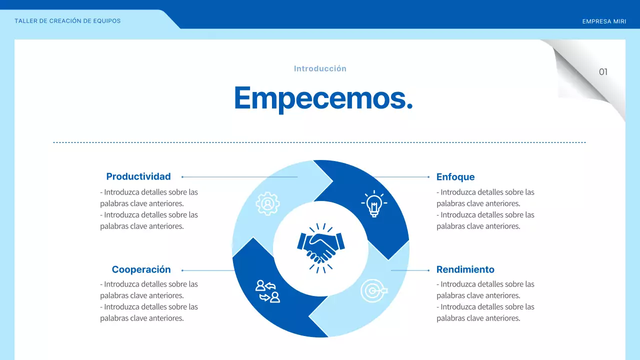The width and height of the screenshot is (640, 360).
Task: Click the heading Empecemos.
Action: click(323, 97)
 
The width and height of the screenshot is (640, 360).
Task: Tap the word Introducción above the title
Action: click(320, 68)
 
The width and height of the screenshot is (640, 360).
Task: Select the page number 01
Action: click(603, 72)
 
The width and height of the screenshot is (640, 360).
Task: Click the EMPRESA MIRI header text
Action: click(604, 21)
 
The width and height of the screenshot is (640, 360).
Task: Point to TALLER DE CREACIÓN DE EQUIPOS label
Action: click(67, 21)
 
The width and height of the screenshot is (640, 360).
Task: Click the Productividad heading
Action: click(138, 176)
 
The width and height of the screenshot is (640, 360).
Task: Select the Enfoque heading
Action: click(455, 177)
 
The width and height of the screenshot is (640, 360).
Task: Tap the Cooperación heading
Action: click(141, 269)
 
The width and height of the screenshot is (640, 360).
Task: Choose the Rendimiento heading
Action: click(465, 269)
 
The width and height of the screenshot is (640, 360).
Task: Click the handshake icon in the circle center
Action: click(321, 248)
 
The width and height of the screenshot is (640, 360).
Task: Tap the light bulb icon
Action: click(373, 203)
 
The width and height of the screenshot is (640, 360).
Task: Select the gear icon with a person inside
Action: click(267, 203)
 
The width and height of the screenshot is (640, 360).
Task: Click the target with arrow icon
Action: click(373, 290)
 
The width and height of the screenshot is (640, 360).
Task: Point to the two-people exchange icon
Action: click(267, 291)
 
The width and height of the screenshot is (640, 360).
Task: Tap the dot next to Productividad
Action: click(182, 177)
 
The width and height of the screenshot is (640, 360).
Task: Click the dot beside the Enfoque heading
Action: click(429, 177)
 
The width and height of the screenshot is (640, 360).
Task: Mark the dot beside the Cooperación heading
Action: click(182, 270)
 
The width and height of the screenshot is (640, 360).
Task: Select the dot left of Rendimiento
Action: click(429, 270)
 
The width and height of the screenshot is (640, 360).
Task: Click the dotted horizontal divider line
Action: click(320, 142)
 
